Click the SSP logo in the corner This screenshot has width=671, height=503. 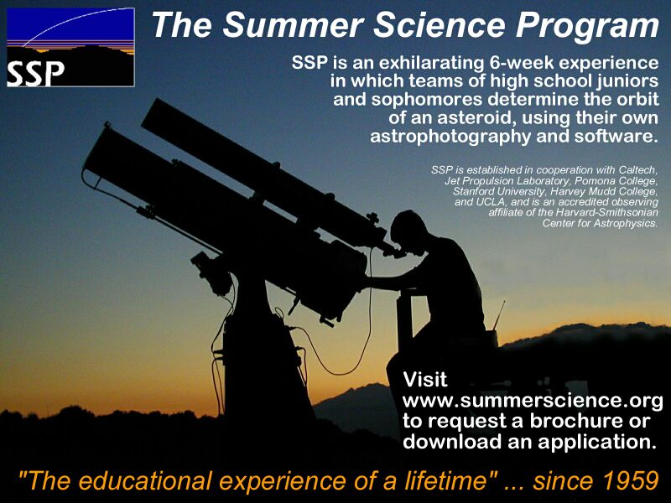[x=70, y=47]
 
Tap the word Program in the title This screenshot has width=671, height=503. [x=587, y=27]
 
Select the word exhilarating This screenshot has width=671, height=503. [x=429, y=63]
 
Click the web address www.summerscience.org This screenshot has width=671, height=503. [x=533, y=402]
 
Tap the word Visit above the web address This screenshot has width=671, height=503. [x=425, y=380]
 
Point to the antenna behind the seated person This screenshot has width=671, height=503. [x=499, y=315]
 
